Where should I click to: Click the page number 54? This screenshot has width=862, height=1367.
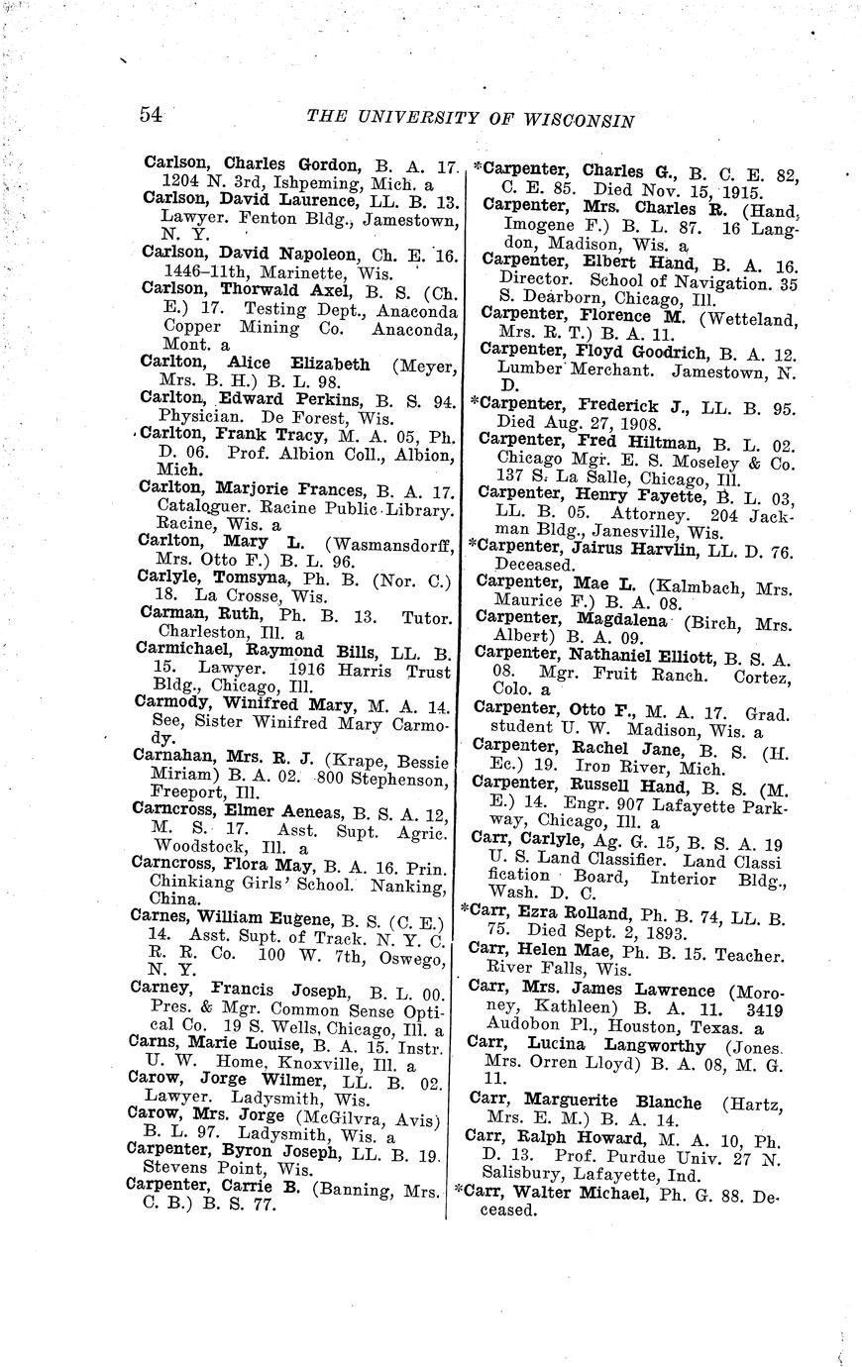tap(152, 114)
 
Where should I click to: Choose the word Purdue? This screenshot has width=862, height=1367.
tap(656, 1157)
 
